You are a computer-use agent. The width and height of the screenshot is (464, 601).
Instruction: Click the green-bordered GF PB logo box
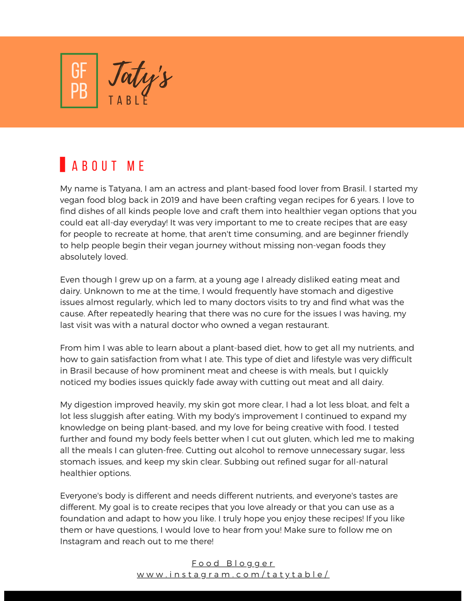tap(79, 80)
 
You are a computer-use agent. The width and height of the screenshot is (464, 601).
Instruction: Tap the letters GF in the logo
tap(79, 70)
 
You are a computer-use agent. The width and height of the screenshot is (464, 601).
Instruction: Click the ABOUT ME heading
tap(109, 166)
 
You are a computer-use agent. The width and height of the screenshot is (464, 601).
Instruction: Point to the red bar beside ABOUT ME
tap(63, 164)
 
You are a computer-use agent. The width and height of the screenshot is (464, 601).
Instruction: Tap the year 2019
tap(170, 200)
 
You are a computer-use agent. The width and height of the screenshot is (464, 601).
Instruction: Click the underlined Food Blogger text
tap(233, 563)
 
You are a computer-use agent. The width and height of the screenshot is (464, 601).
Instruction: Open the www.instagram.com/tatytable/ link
tap(233, 574)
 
